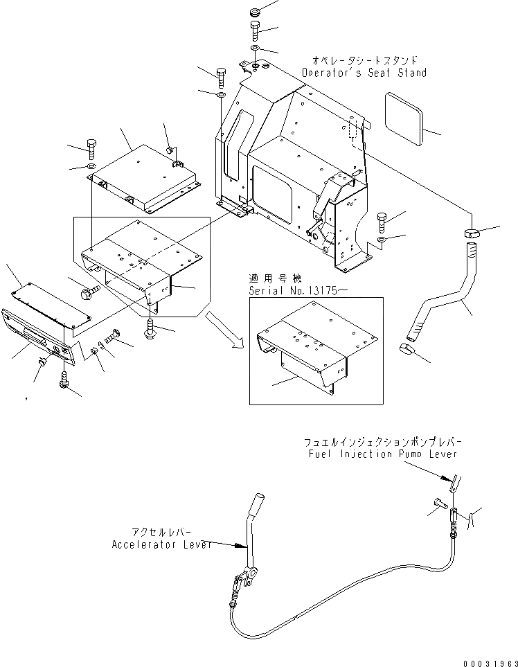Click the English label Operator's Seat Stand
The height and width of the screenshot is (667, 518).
pyautogui.click(x=364, y=73)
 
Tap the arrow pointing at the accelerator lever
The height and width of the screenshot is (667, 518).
pyautogui.click(x=228, y=545)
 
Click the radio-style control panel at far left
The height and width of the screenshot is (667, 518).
pyautogui.click(x=38, y=333)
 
